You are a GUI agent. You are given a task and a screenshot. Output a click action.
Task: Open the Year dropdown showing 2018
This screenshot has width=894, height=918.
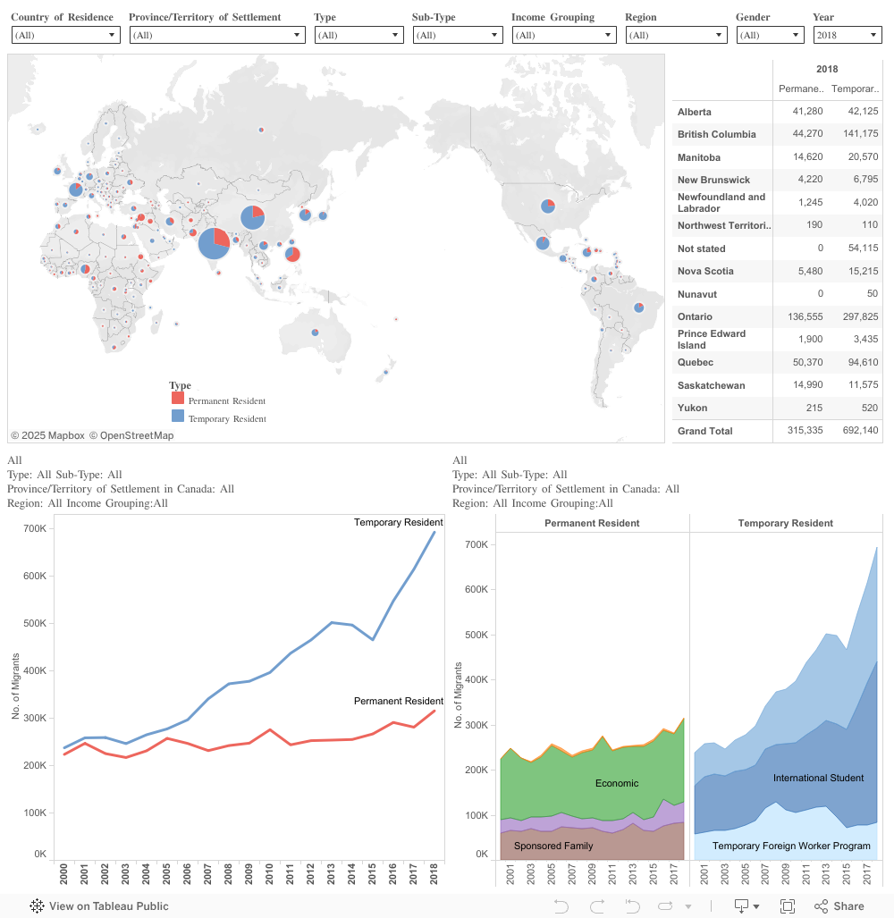coord(847,35)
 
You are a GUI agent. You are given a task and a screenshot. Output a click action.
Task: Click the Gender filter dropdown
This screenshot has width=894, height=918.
coord(770,35)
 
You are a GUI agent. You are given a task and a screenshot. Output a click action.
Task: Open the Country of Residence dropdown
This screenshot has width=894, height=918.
coord(65,35)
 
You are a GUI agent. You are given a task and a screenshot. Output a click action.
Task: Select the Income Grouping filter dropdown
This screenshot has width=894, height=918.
coord(563,35)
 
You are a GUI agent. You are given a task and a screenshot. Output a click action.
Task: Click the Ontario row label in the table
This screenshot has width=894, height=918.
coord(695,316)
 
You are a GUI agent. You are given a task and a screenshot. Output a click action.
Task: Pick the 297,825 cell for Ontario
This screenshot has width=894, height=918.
coord(855,316)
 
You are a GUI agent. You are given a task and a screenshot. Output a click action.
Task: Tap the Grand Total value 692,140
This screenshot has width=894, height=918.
coord(855,431)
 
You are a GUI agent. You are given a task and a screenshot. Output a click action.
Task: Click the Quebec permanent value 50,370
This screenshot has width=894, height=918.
coord(801,362)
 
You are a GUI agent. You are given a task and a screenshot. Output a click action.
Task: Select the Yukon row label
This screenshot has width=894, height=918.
coord(692,408)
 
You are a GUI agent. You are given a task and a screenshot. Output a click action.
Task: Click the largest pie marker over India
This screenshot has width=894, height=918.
coord(214,243)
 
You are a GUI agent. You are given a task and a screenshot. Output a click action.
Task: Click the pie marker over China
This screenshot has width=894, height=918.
coord(253,217)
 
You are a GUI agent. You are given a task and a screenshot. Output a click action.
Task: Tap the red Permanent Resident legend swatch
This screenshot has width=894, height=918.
coord(178,399)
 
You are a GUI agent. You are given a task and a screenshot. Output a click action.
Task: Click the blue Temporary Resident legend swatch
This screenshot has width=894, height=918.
coord(178,417)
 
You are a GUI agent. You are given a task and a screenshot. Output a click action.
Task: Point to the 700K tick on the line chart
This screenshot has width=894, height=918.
coord(35,528)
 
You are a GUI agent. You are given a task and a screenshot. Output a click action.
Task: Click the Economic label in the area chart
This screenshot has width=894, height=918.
coord(617,783)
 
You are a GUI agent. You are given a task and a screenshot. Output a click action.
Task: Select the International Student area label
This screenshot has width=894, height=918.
coord(818,778)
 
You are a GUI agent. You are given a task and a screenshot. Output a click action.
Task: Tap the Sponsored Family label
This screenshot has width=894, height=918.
coord(553,845)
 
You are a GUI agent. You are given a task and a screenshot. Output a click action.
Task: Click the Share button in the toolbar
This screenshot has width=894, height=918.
coord(839,905)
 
